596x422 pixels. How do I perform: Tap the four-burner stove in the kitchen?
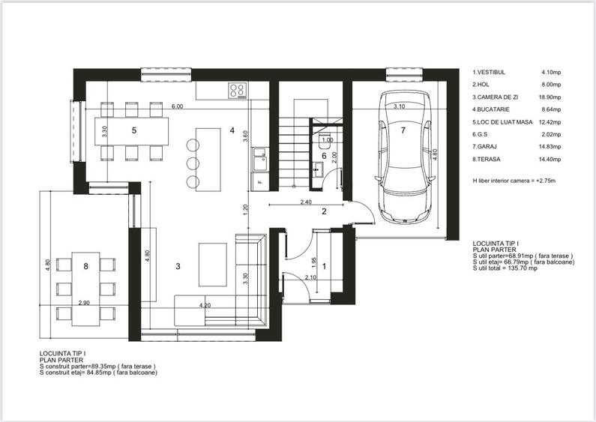[238, 90]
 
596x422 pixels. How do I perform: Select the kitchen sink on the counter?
[260, 157]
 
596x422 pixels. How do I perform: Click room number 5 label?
[133, 130]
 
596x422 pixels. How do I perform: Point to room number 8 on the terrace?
[86, 265]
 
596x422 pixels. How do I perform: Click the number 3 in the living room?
[178, 266]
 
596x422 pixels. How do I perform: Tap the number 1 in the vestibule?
[324, 265]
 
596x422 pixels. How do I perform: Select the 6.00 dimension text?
[177, 107]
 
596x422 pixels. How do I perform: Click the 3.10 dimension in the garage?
[399, 107]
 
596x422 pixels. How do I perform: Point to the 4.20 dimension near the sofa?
[205, 306]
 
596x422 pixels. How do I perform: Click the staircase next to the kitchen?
[291, 150]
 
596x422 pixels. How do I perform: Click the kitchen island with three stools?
[208, 157]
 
